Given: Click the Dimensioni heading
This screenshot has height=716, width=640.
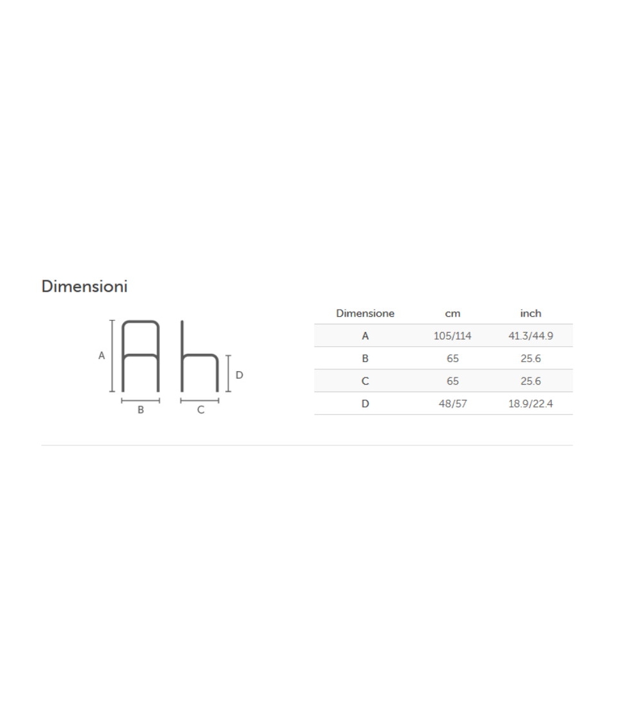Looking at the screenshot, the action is tap(84, 286).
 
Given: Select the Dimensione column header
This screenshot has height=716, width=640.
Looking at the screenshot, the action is tap(365, 314).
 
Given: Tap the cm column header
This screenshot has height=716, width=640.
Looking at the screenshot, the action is tap(452, 314).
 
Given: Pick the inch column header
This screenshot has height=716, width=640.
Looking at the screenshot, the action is tap(531, 314).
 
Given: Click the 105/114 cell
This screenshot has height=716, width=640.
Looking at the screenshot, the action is tap(452, 336).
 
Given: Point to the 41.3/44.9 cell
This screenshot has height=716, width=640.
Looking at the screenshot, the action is tap(531, 336).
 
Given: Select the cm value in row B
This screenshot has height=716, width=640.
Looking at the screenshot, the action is tap(452, 358).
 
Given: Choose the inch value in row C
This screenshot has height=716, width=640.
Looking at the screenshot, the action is tap(531, 381).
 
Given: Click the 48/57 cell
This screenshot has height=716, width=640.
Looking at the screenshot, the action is tap(452, 404).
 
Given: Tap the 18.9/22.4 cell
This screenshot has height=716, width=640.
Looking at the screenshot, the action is tap(531, 404).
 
